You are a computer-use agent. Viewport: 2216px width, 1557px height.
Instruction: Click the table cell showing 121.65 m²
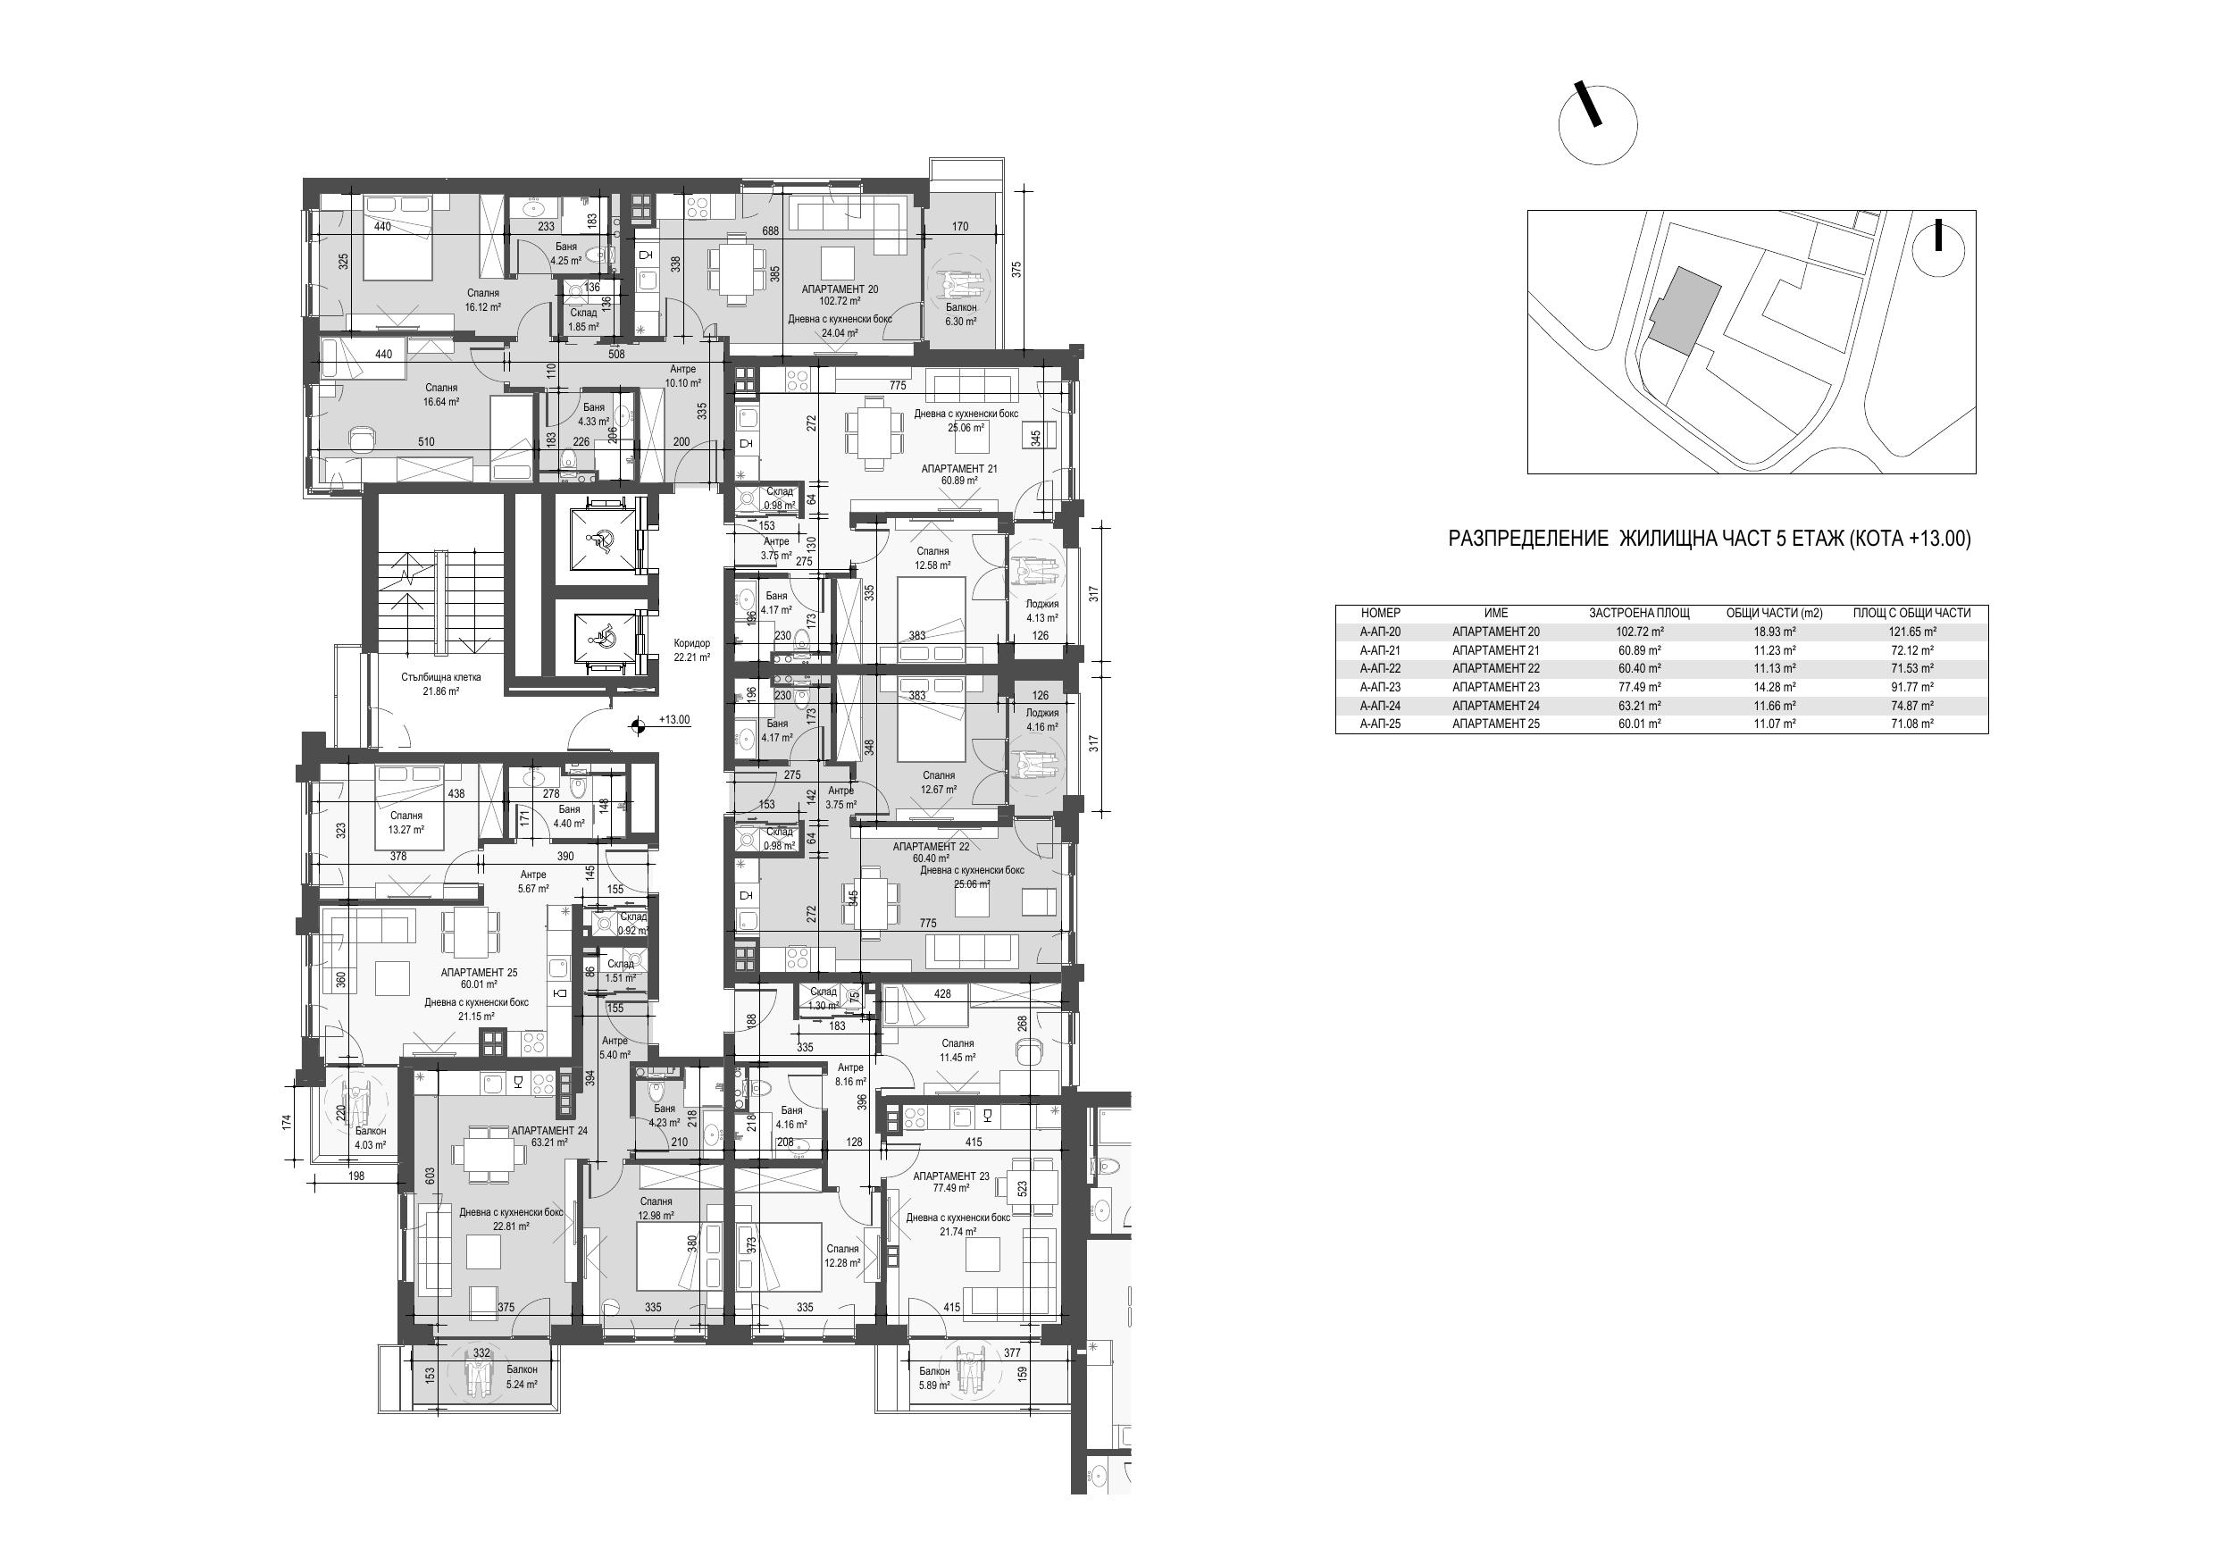click(x=1913, y=632)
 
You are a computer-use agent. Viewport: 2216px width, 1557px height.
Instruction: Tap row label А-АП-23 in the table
click(x=1380, y=687)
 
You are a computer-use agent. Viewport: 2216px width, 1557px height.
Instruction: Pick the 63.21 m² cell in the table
click(x=1640, y=706)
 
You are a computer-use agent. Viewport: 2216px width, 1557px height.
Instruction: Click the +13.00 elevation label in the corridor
click(x=674, y=720)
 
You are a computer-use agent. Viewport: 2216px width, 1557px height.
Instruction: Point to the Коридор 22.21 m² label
click(x=692, y=650)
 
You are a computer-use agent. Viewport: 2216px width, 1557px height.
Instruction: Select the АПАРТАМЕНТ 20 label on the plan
click(x=840, y=289)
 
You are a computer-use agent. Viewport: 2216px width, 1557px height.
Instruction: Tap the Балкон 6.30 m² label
click(x=961, y=314)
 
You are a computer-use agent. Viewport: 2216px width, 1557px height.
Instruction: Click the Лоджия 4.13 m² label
click(x=1042, y=611)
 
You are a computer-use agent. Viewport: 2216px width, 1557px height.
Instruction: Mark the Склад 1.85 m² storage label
click(x=583, y=320)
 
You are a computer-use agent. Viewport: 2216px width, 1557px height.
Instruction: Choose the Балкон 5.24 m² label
click(x=523, y=1377)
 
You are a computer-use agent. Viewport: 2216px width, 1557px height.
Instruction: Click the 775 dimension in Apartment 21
click(x=898, y=385)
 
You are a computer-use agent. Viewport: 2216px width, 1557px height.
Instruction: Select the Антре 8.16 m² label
click(x=850, y=1075)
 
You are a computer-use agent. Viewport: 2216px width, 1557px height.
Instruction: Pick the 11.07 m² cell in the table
click(x=1774, y=724)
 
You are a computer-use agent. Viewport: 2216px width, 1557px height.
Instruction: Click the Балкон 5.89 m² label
click(x=934, y=1377)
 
